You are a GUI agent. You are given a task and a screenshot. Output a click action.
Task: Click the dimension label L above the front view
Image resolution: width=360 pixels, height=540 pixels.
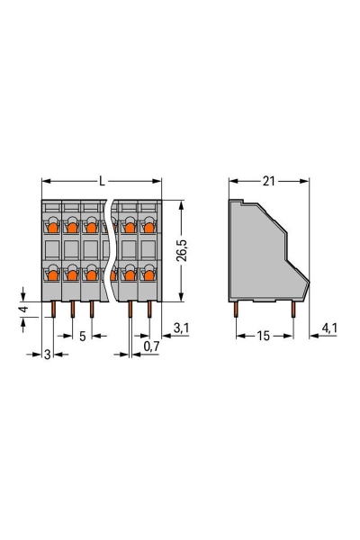102,182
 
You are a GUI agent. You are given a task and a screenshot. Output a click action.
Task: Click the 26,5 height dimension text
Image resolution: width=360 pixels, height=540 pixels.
184,248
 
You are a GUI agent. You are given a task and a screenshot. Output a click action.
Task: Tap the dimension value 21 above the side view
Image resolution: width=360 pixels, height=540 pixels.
267,182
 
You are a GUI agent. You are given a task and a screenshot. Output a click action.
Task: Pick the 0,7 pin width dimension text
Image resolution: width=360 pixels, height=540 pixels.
152,345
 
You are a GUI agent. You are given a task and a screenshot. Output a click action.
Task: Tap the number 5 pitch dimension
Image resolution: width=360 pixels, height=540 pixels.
82,336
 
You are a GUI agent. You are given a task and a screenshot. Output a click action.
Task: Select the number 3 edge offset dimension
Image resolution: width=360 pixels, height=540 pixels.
48,353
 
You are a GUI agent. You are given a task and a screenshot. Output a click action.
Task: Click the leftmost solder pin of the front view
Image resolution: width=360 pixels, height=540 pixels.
52,310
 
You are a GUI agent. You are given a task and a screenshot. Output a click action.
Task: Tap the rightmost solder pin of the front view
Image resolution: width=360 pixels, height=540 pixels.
149,310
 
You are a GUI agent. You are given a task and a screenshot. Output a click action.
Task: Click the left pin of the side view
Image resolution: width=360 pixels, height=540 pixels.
237,310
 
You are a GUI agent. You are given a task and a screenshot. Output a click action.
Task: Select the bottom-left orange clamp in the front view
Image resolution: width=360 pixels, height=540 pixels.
52,271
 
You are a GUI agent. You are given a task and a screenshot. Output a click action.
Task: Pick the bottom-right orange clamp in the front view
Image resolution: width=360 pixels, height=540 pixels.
148,271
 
